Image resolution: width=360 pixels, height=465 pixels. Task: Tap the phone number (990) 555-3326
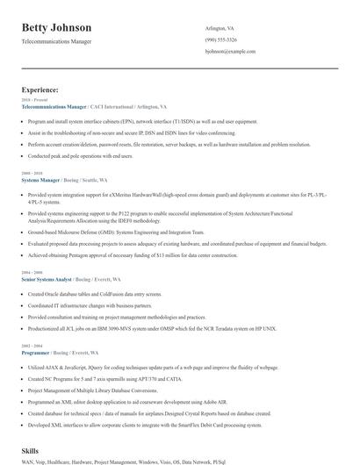[x=222, y=40]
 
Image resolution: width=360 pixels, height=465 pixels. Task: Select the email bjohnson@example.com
[x=231, y=52]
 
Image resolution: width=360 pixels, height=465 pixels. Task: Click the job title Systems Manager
[x=46, y=180]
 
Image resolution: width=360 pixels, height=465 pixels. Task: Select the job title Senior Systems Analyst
[x=53, y=279]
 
